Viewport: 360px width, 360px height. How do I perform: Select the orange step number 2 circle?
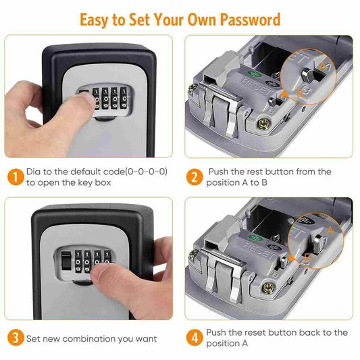pyautogui.click(x=195, y=178)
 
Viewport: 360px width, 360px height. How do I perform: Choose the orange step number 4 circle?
pyautogui.click(x=195, y=337)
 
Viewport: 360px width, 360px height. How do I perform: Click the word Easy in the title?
pyautogui.click(x=96, y=18)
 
